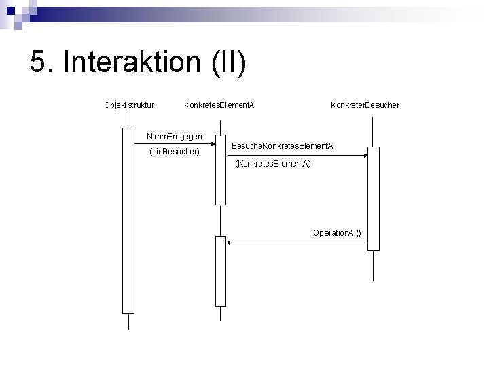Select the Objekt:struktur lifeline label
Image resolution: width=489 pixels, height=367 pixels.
(129, 105)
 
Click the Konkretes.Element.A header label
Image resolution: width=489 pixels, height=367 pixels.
(219, 105)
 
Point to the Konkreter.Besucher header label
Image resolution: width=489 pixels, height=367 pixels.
(365, 105)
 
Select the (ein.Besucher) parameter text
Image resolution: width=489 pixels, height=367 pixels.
(174, 152)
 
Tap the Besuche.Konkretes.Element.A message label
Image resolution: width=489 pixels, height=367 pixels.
(282, 146)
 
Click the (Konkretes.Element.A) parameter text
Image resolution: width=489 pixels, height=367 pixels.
(272, 164)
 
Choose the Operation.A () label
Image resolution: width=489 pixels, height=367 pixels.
(337, 233)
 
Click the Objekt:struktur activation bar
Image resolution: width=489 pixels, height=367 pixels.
(128, 221)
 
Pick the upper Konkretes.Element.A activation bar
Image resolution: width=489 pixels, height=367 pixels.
(220, 169)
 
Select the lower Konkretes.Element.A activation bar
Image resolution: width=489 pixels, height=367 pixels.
(220, 270)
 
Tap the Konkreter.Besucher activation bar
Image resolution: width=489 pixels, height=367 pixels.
(374, 198)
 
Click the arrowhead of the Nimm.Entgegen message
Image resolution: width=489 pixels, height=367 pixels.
(212, 144)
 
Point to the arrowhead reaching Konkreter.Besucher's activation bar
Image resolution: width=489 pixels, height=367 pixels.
(365, 156)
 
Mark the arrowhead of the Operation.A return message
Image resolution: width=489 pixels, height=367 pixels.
(229, 242)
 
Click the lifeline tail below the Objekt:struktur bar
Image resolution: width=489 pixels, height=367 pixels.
(128, 321)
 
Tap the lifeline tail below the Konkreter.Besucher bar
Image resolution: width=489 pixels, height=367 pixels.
(374, 265)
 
